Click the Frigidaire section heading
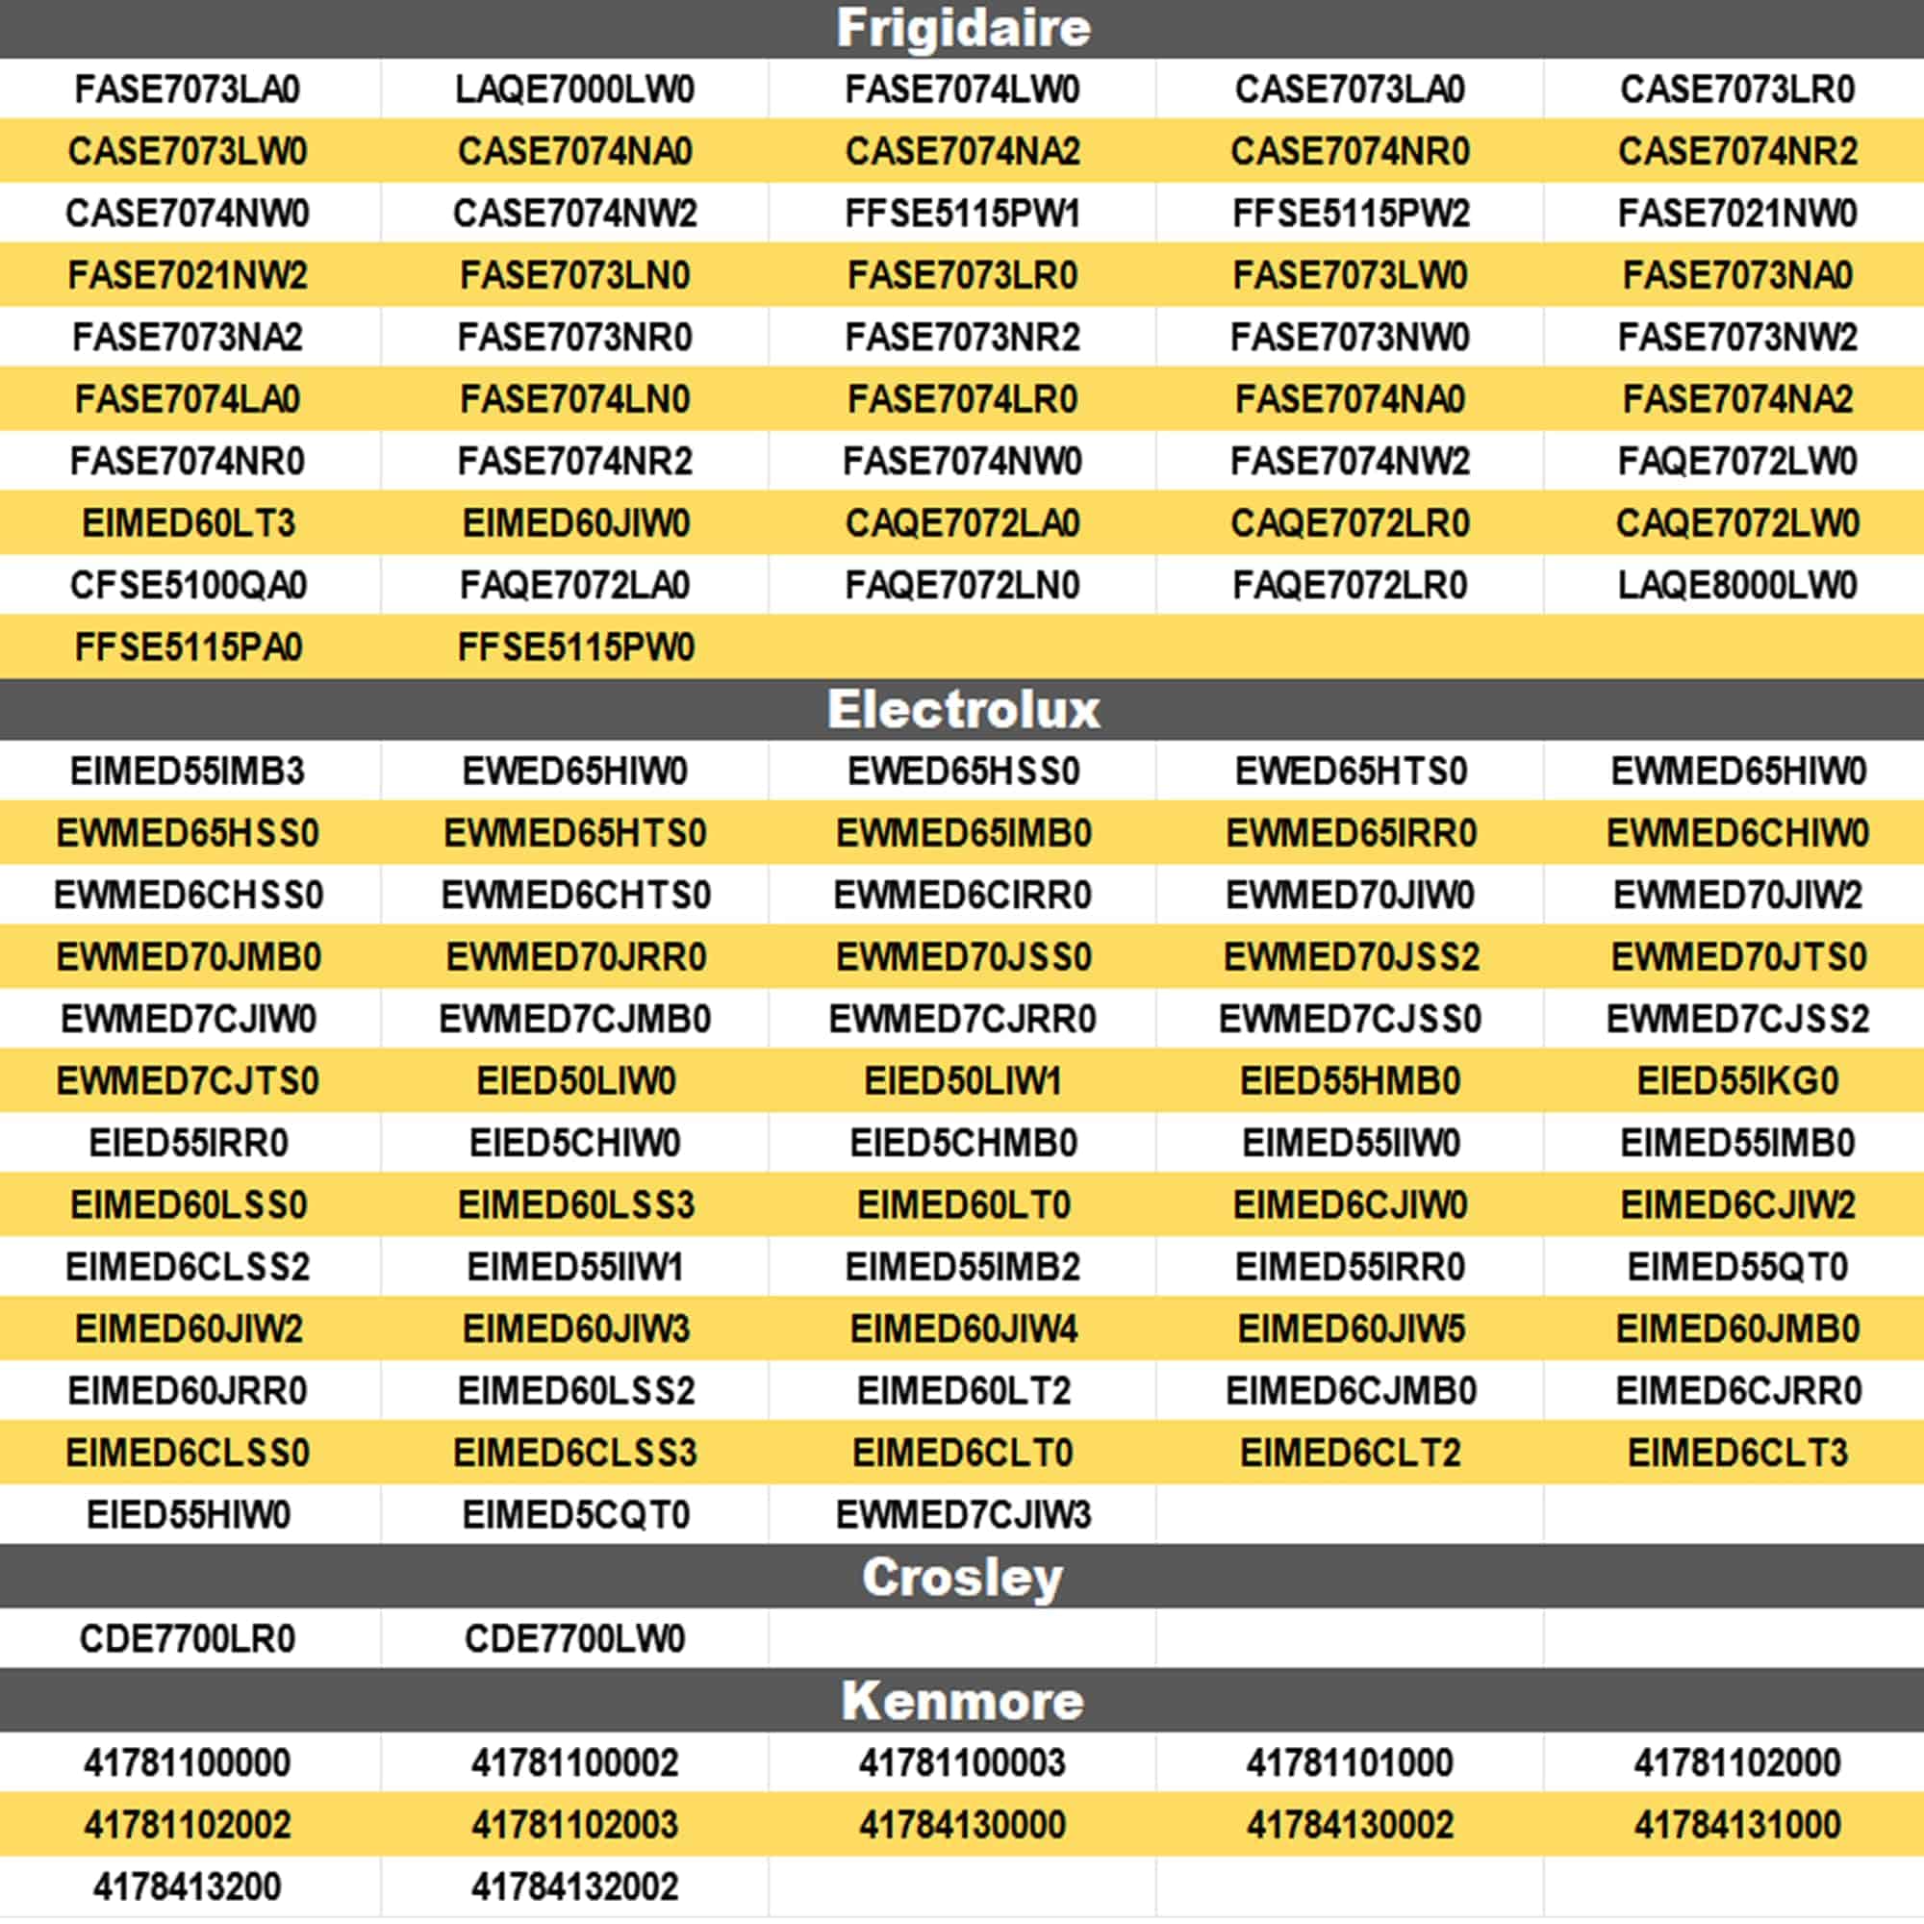[x=962, y=28]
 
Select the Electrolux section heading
[x=962, y=710]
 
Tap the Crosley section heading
[x=962, y=1578]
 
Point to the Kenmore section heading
[x=962, y=1701]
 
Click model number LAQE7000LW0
[x=574, y=89]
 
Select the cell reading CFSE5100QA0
[x=189, y=586]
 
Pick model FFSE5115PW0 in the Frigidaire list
[x=574, y=647]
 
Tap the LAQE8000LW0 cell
[x=1736, y=586]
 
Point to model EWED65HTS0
[x=1350, y=772]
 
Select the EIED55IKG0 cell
[x=1736, y=1081]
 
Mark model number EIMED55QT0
[x=1736, y=1268]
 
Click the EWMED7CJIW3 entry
[x=962, y=1516]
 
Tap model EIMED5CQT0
[x=574, y=1516]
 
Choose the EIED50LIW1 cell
[x=962, y=1081]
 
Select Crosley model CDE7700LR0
[x=189, y=1639]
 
